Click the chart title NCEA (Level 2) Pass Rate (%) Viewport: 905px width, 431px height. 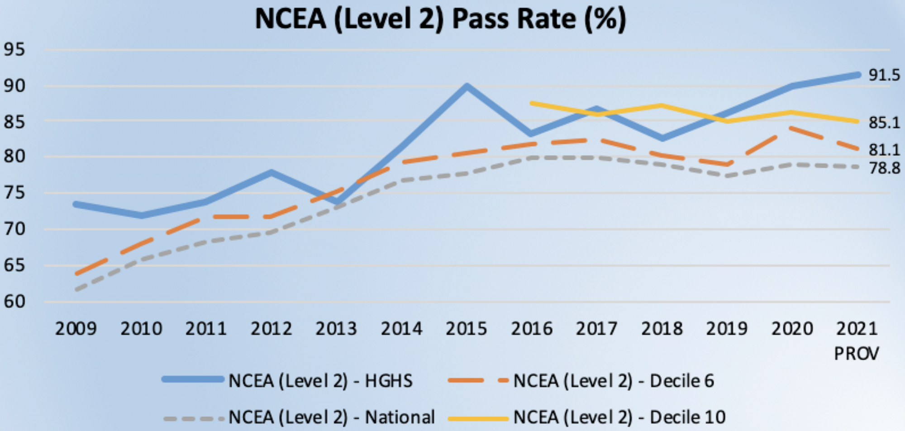(440, 19)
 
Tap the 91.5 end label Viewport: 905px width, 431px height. (884, 75)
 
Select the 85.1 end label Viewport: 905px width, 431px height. (884, 122)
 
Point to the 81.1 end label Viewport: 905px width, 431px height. (884, 150)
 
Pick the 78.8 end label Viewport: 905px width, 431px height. (884, 168)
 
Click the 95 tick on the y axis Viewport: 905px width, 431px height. (14, 49)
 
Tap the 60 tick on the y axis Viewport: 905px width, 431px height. (14, 302)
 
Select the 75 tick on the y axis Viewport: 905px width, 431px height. (14, 193)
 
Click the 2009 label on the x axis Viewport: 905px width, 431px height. (76, 329)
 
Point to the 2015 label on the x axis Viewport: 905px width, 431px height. (467, 329)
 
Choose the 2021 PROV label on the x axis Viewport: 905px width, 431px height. (857, 340)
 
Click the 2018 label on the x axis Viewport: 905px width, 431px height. (662, 329)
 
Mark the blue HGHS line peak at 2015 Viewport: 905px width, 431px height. (467, 86)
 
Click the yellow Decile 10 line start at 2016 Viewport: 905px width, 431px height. (532, 104)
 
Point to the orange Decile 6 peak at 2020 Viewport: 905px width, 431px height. (791, 128)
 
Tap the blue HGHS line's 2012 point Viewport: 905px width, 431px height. (271, 172)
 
